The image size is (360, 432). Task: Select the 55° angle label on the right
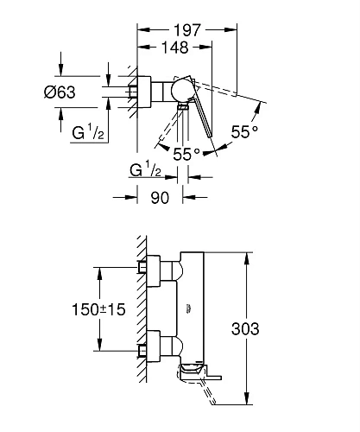tap(244, 133)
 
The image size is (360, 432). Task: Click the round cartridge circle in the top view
tap(183, 91)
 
